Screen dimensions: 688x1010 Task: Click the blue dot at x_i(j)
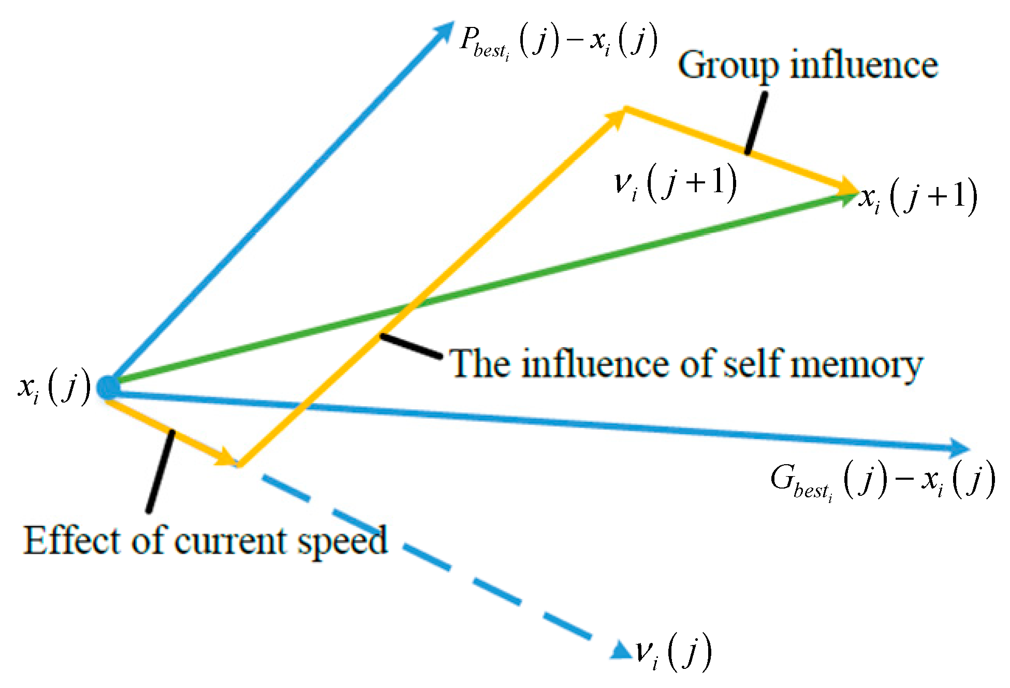coord(108,387)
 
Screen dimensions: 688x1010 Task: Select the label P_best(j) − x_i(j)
coord(559,41)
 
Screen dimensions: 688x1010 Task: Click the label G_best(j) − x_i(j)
coord(882,481)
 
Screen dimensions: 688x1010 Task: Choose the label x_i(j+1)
coord(918,197)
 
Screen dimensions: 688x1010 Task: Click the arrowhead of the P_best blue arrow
coord(445,30)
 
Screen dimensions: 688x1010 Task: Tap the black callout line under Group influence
coord(756,123)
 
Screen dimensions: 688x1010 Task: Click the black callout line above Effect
coord(160,470)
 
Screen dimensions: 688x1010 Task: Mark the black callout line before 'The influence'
coord(411,346)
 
